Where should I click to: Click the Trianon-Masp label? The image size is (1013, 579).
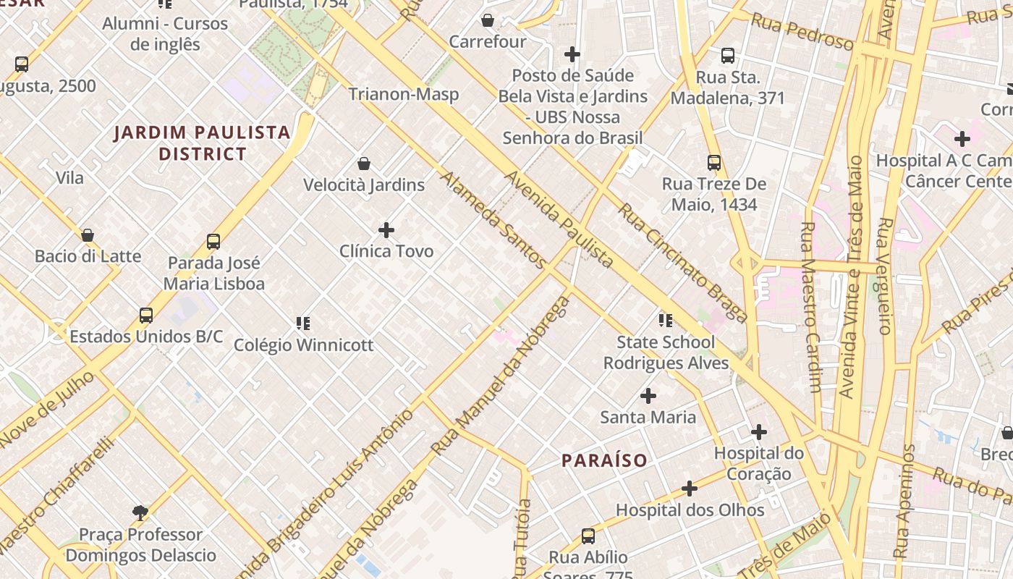pos(403,94)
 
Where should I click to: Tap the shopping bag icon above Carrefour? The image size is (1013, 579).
pos(488,20)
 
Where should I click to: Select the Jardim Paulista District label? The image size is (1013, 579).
pos(202,143)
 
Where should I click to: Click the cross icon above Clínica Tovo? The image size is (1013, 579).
pos(386,230)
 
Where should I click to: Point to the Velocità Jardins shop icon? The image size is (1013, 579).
pos(364,164)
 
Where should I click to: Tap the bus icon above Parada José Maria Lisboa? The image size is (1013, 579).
pos(213,242)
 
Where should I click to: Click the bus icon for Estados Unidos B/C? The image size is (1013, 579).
pos(146,316)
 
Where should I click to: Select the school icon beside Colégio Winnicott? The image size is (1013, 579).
pos(302,323)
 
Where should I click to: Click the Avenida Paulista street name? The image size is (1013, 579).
pos(559,219)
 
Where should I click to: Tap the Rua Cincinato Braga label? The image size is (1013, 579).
pos(682,262)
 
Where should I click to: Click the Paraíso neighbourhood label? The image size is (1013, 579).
pos(604,460)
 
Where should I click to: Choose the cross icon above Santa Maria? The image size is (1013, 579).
pos(648,396)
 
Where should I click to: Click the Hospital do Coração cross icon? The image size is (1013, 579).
pos(758,433)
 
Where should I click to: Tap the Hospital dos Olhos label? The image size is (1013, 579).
pos(690,510)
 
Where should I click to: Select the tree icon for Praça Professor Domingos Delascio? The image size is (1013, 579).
pos(140,513)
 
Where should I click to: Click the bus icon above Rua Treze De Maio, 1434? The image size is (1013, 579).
pos(714,163)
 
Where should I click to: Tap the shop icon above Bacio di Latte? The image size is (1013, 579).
pos(88,235)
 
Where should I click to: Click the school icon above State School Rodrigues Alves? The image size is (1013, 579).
pos(665,320)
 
